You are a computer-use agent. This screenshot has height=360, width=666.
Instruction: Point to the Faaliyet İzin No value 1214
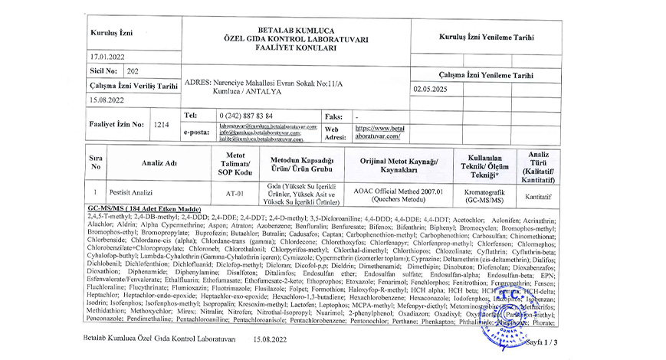coord(160,123)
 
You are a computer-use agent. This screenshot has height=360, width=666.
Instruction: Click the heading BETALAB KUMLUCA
coord(296,28)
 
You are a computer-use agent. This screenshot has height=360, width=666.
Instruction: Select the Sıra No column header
coord(96,162)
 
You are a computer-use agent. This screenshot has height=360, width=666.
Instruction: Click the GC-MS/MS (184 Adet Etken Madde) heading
coord(143,209)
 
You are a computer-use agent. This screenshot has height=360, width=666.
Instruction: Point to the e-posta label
coord(198,132)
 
